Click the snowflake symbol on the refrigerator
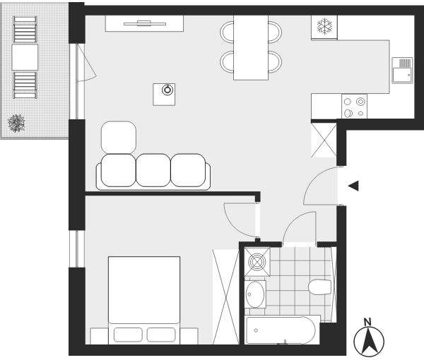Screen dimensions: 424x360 tap(324, 26)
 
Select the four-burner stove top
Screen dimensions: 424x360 tap(354, 106)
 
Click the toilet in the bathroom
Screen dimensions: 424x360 tap(319, 287)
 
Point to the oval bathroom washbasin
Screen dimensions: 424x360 tap(255, 294)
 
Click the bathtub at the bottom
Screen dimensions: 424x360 tap(282, 330)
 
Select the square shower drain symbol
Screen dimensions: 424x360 tap(257, 262)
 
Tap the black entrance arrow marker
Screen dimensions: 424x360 tap(353, 186)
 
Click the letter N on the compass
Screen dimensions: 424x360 tap(367, 322)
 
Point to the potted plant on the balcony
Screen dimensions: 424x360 tap(16, 123)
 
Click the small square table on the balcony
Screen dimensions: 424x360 tap(25, 57)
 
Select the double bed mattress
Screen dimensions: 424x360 tap(144, 290)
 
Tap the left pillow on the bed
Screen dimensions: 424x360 tap(128, 335)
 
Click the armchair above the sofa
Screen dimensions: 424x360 tap(119, 138)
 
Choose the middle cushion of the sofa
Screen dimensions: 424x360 tap(153, 170)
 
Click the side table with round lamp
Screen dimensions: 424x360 tap(164, 95)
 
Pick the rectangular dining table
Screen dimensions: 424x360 tap(251, 48)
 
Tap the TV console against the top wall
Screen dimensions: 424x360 tap(144, 23)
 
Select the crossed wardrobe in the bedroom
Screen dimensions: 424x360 tap(226, 296)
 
